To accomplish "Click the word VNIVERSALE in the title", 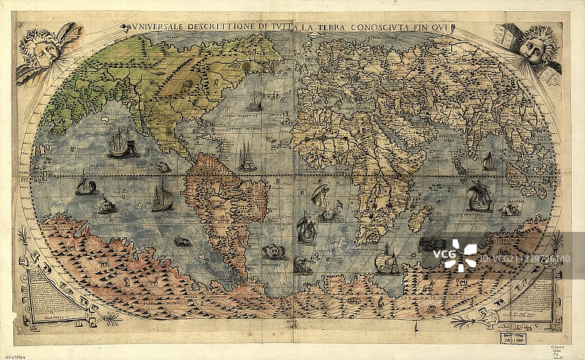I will click(x=155, y=29).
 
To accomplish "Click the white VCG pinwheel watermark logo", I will click(x=458, y=255).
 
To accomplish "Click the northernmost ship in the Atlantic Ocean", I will click(x=254, y=103).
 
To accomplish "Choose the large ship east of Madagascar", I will click(x=479, y=196).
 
